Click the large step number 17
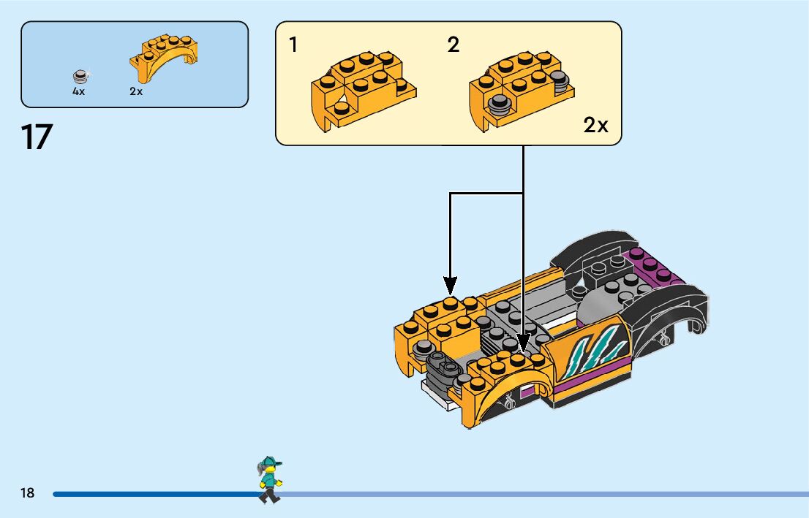[x=37, y=137]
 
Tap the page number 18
[x=28, y=493]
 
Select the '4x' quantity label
[x=78, y=92]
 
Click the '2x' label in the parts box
[x=136, y=92]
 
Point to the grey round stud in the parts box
[x=80, y=76]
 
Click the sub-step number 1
[x=293, y=45]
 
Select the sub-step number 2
[x=454, y=45]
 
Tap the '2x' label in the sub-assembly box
[x=595, y=126]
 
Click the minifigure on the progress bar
[x=269, y=479]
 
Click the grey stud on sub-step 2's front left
[x=500, y=104]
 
